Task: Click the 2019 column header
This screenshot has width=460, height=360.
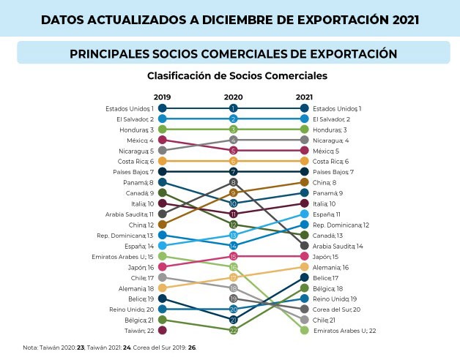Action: click(x=162, y=97)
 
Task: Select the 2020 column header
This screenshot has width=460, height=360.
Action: click(x=233, y=97)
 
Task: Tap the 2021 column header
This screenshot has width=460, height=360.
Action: click(x=304, y=97)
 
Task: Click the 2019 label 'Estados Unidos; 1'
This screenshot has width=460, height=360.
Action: click(x=130, y=108)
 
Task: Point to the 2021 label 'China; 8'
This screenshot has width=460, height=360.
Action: click(x=324, y=182)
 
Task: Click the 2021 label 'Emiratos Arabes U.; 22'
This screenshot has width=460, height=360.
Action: click(x=344, y=331)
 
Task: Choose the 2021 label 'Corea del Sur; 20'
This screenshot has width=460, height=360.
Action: click(x=336, y=310)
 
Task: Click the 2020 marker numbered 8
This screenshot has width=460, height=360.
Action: click(x=234, y=182)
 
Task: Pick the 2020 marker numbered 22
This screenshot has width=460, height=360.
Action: click(x=234, y=331)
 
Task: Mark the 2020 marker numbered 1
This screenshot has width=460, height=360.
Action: click(x=234, y=108)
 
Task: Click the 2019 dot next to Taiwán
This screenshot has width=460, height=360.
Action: click(x=162, y=331)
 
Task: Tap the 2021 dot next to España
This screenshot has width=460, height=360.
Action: click(x=305, y=214)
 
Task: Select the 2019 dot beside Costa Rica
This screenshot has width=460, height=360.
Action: click(x=162, y=161)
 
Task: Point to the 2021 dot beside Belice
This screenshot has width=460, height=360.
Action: click(x=305, y=278)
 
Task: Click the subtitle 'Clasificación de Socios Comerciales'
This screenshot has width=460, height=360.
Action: click(x=237, y=75)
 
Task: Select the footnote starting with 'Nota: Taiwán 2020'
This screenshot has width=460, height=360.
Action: click(x=110, y=348)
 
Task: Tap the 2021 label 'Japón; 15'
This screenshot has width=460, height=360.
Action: click(x=326, y=257)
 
